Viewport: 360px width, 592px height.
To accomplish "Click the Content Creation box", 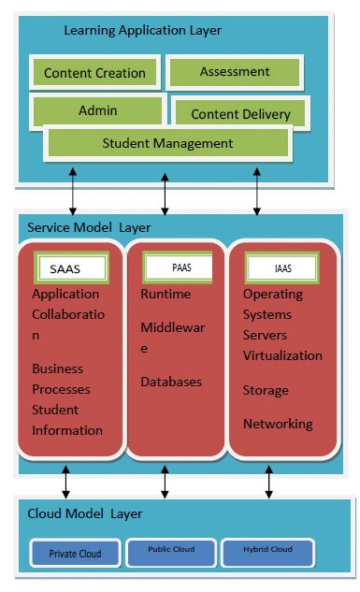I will tap(94, 73).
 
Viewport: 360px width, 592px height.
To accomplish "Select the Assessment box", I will tap(235, 71).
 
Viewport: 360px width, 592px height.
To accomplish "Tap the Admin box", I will tap(97, 110).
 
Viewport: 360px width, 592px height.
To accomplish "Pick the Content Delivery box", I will tap(240, 114).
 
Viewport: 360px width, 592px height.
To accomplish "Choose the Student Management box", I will tap(167, 143).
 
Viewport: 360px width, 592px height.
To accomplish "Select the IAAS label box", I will tap(281, 267).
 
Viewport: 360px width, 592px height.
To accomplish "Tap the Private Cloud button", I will tap(76, 553).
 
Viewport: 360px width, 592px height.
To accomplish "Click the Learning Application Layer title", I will tap(142, 31).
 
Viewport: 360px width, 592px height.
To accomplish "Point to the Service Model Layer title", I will tap(89, 227).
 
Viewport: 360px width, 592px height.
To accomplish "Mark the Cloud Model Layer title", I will tap(85, 513).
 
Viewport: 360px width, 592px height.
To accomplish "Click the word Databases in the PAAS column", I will tap(171, 382).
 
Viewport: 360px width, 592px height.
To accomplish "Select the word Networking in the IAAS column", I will tap(277, 424).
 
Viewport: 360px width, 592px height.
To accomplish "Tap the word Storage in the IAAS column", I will tap(266, 390).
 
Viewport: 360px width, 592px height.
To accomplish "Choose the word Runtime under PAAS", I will tap(166, 295).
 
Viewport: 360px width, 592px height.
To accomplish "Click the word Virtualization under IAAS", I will tap(282, 355).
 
